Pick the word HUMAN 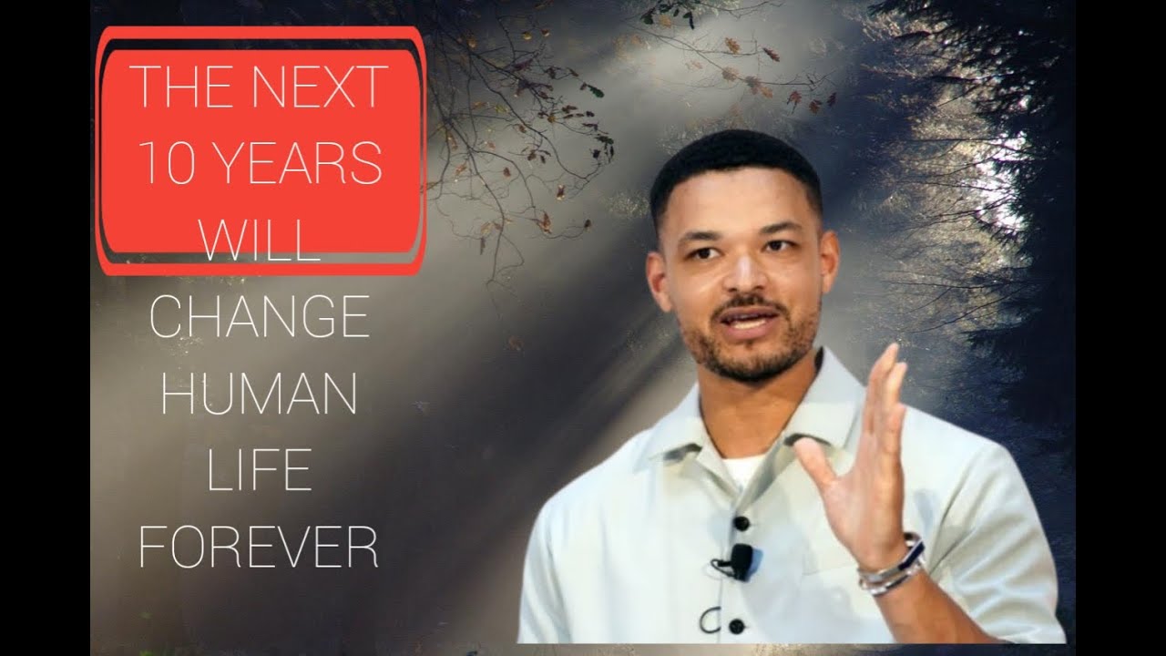pos(259,393)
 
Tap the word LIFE pos(259,471)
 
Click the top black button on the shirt pos(741,522)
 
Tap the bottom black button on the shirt pos(736,626)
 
